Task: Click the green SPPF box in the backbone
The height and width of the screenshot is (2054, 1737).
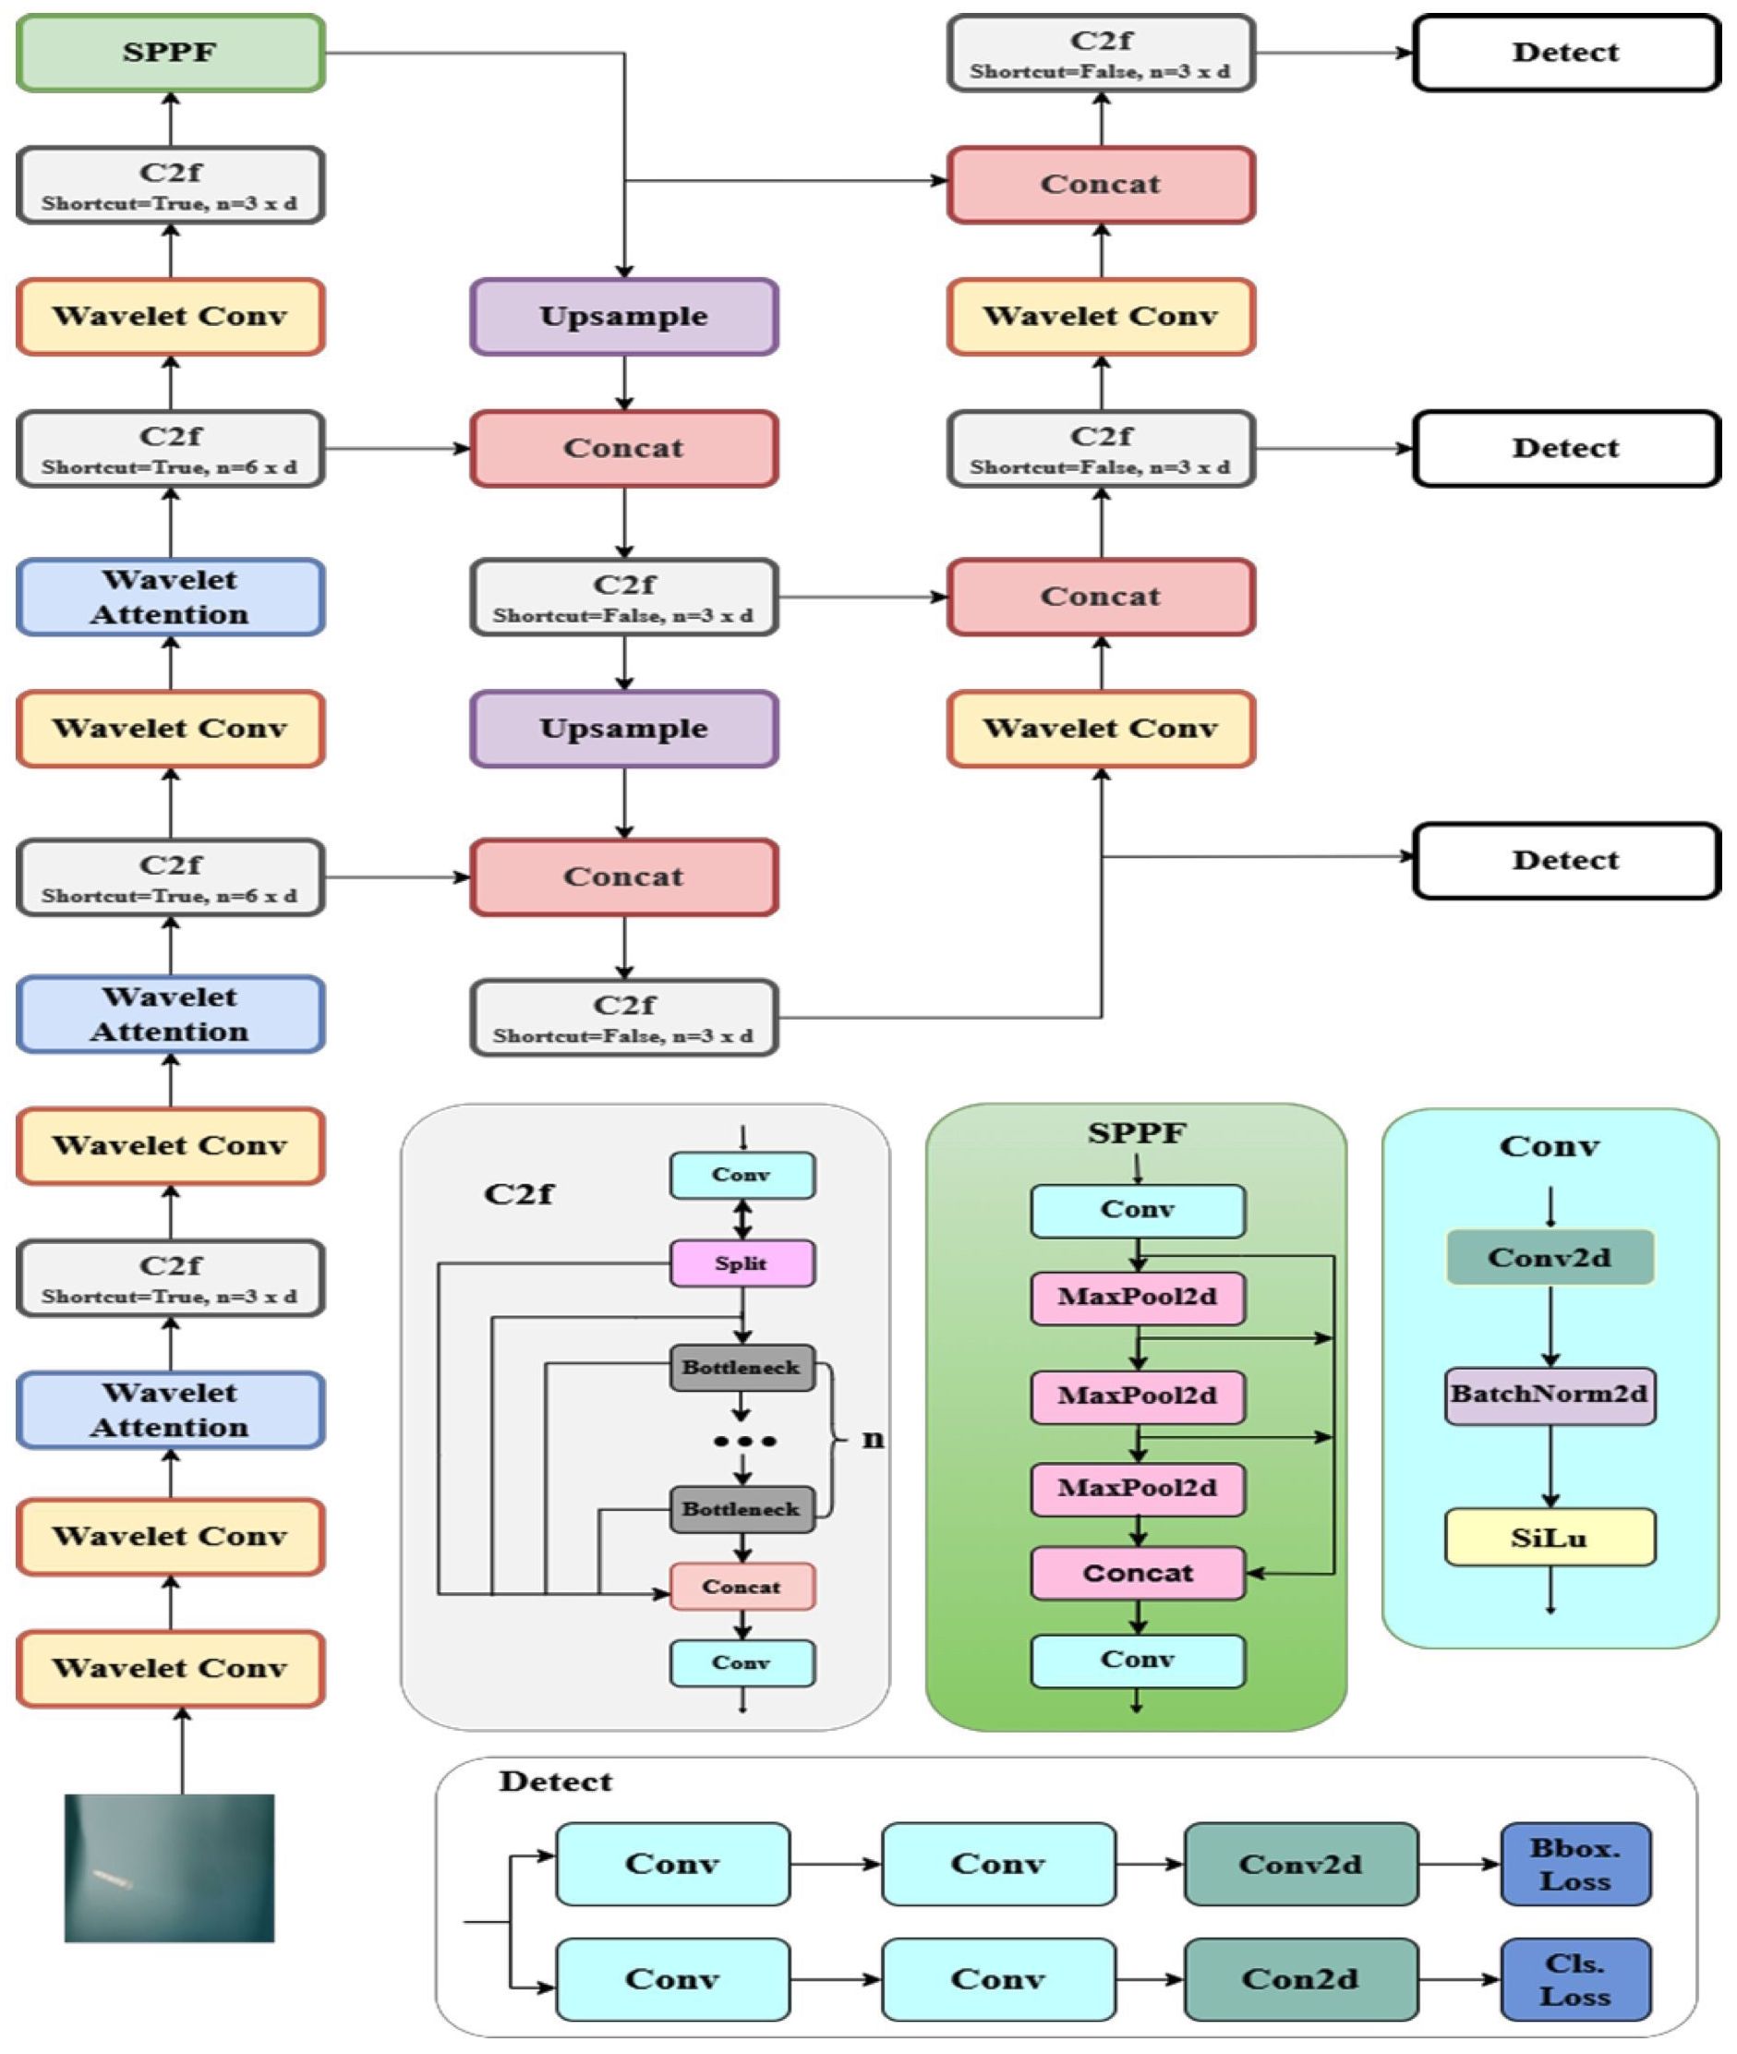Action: coord(170,54)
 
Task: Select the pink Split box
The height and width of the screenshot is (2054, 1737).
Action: coord(742,1263)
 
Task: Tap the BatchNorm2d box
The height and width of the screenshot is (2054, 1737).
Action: coord(1549,1395)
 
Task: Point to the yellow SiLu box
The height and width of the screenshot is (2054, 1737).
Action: coord(1549,1537)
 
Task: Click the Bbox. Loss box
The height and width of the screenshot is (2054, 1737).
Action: coord(1574,1864)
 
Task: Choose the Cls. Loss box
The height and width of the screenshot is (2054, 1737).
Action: coord(1574,1980)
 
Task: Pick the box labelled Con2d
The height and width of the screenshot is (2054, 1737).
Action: coord(1300,1980)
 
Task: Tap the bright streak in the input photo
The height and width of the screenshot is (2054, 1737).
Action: coord(113,1879)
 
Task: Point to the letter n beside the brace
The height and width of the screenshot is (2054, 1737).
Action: coord(873,1440)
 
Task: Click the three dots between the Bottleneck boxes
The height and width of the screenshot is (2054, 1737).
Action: coord(744,1442)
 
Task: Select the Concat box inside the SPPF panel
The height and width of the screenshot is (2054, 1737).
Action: coord(1138,1574)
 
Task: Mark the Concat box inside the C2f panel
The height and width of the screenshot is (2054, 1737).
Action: coord(742,1587)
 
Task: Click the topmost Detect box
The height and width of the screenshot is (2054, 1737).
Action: coord(1565,54)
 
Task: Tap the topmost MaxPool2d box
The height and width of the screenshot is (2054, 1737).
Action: coord(1138,1297)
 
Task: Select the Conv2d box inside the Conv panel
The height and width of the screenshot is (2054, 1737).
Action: coord(1549,1257)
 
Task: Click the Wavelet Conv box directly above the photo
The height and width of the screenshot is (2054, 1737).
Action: coord(170,1668)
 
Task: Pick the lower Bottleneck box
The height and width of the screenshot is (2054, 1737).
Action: coord(742,1509)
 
